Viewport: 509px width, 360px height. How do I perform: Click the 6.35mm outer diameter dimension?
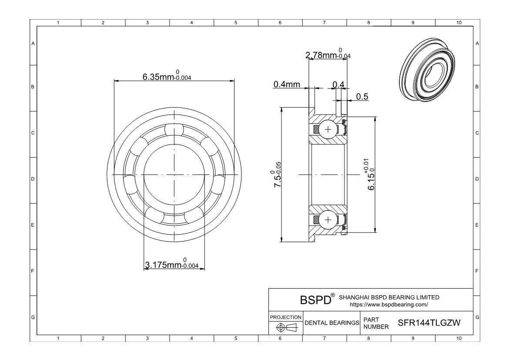pos(167,76)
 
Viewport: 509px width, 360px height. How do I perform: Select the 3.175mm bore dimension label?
pos(171,263)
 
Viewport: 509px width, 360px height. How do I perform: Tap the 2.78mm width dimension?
pos(328,54)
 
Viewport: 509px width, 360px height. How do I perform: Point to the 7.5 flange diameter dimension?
pos(277,174)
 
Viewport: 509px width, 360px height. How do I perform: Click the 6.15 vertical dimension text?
pos(371,175)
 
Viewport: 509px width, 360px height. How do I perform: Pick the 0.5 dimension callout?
pos(362,97)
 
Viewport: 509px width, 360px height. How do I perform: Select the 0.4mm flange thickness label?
pos(287,84)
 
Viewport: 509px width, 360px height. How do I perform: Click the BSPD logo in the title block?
pos(317,299)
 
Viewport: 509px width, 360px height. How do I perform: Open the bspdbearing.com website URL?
pos(388,305)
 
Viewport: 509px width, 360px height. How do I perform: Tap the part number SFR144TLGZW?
pos(429,323)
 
